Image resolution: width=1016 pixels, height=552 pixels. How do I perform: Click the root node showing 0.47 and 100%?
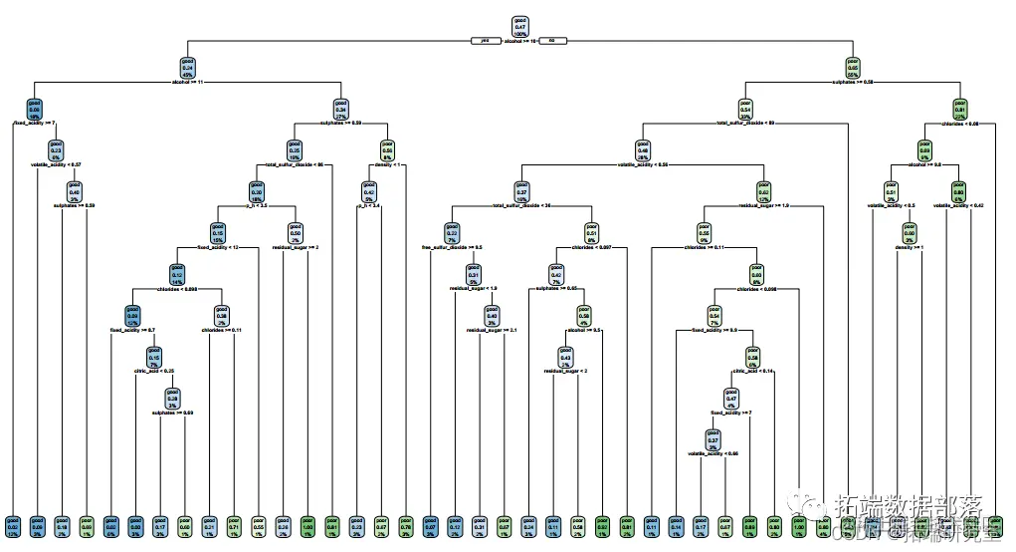[x=520, y=26]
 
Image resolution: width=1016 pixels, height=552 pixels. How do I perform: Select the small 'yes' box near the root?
[x=486, y=41]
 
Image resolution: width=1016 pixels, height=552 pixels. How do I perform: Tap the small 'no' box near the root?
[x=552, y=41]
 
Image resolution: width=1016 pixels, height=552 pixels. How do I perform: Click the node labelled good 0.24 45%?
[x=187, y=67]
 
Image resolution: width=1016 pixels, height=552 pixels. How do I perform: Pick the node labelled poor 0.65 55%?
[x=852, y=67]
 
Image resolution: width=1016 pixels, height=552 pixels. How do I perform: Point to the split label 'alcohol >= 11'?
[x=187, y=82]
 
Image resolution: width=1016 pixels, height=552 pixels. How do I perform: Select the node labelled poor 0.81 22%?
[x=960, y=109]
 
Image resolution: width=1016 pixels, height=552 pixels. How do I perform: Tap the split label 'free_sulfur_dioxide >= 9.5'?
[x=453, y=246]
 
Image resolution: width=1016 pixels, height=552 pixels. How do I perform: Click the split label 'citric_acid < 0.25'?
[x=154, y=370]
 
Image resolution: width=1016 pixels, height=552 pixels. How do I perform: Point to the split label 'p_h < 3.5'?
[x=257, y=205]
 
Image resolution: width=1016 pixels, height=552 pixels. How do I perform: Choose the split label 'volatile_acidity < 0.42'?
[x=959, y=205]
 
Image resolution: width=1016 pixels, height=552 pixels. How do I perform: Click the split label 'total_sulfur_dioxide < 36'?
[x=520, y=205]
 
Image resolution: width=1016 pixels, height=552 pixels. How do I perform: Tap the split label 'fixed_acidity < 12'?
[x=217, y=247]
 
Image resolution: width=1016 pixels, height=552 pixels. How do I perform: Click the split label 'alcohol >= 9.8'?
[x=923, y=164]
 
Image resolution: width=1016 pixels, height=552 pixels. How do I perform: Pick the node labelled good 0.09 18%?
[x=35, y=109]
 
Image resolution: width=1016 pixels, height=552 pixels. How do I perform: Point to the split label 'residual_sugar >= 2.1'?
[x=492, y=329]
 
